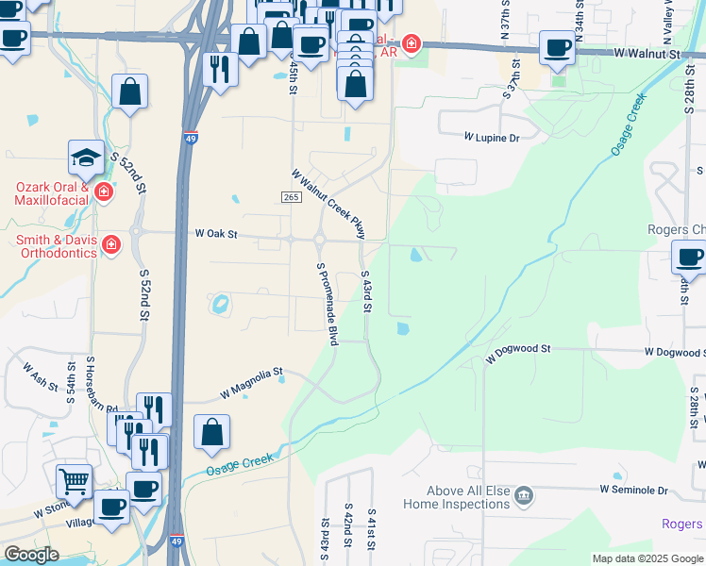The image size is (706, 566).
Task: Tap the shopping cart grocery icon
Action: pyautogui.click(x=74, y=481)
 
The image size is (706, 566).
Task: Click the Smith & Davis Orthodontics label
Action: pyautogui.click(x=56, y=246)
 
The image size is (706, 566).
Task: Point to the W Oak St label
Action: pyautogui.click(x=216, y=233)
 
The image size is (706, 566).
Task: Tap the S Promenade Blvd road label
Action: pyautogui.click(x=327, y=304)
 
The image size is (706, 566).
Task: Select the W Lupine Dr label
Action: pyautogui.click(x=491, y=138)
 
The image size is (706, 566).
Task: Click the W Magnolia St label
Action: pyautogui.click(x=251, y=381)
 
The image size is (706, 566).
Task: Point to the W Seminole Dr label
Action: pyautogui.click(x=633, y=490)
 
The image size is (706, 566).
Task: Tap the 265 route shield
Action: pyautogui.click(x=291, y=196)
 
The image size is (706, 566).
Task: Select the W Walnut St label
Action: pyautogui.click(x=646, y=55)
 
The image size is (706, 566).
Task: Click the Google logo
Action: pyautogui.click(x=31, y=555)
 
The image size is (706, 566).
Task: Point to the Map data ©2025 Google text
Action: pyautogui.click(x=647, y=558)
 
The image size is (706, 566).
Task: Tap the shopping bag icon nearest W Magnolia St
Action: pyautogui.click(x=212, y=432)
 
